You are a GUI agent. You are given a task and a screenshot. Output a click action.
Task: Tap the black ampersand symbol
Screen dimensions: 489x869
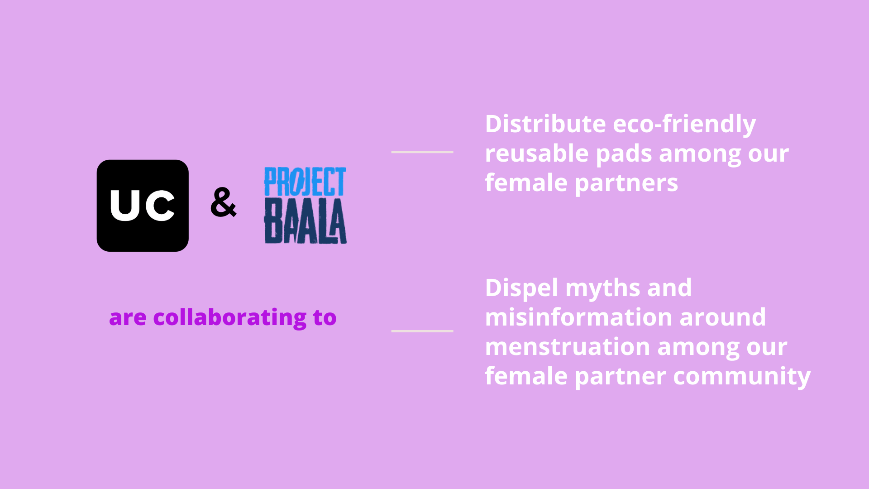click(223, 202)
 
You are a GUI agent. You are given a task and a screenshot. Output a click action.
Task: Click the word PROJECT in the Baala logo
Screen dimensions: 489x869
click(305, 182)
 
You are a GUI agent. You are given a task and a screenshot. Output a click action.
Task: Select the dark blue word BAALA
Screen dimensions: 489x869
click(306, 221)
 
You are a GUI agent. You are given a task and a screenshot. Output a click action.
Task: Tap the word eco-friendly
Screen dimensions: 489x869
click(684, 125)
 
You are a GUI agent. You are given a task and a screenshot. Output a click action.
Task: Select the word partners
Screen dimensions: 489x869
click(626, 183)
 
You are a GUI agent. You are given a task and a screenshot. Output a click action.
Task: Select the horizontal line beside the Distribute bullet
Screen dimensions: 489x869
click(422, 152)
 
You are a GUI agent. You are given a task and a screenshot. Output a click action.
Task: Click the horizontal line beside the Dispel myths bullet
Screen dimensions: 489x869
click(422, 331)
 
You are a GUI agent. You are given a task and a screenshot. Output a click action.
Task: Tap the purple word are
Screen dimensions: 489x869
click(128, 318)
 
